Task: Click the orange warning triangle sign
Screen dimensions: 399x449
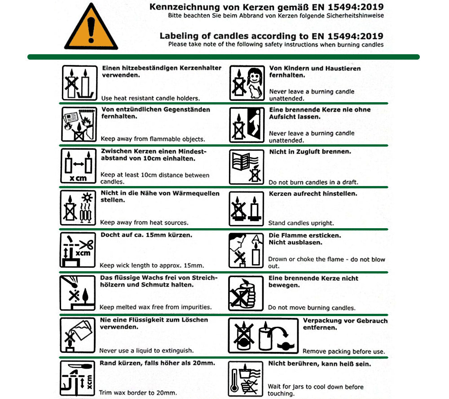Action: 91,28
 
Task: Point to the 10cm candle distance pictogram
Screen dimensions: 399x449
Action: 79,166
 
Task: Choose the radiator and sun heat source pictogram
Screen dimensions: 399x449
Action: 79,208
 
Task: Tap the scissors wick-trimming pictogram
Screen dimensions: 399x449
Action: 78,250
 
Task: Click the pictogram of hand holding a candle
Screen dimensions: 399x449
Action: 246,292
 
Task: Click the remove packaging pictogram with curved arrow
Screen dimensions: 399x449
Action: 263,335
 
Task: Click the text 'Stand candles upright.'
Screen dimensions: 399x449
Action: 301,223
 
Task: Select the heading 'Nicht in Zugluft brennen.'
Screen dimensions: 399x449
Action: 310,152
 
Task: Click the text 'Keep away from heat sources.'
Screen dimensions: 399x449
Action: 144,222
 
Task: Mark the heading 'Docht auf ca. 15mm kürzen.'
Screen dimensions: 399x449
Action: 146,235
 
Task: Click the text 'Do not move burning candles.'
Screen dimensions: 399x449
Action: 312,308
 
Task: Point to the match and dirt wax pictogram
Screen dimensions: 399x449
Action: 78,292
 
